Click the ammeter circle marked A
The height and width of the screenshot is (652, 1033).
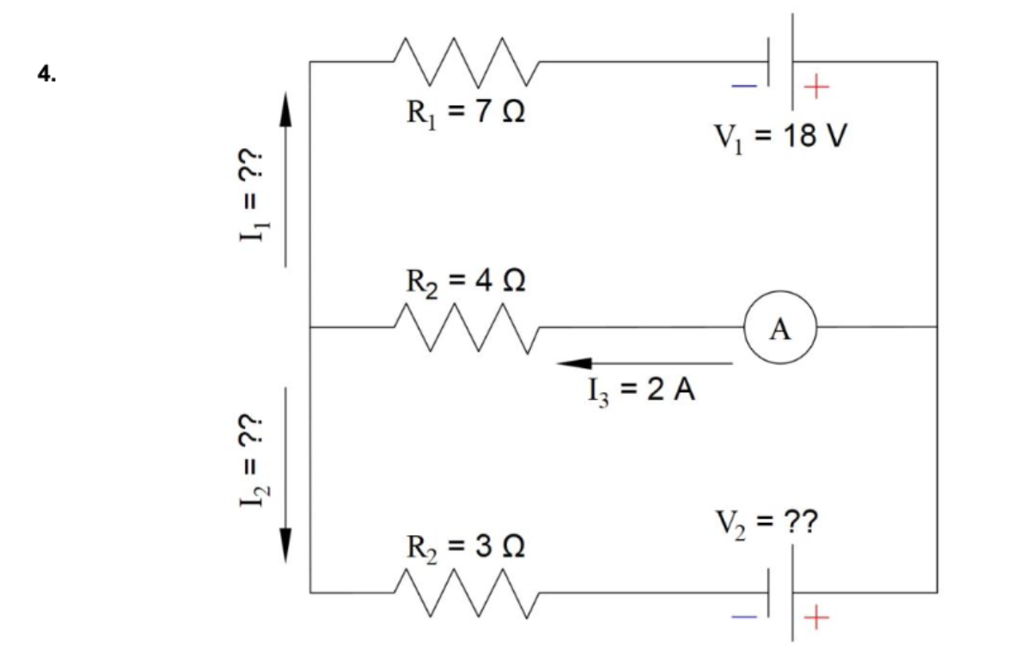pyautogui.click(x=779, y=328)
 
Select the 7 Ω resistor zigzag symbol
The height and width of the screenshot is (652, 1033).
pyautogui.click(x=465, y=61)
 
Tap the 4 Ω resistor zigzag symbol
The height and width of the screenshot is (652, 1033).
pyautogui.click(x=465, y=328)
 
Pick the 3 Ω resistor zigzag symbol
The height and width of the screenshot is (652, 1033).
pyautogui.click(x=465, y=593)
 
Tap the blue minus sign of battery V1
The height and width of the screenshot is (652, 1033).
pyautogui.click(x=744, y=85)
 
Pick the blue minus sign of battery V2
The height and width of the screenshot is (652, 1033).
pyautogui.click(x=744, y=616)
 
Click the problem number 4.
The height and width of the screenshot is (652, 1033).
pyautogui.click(x=46, y=74)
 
